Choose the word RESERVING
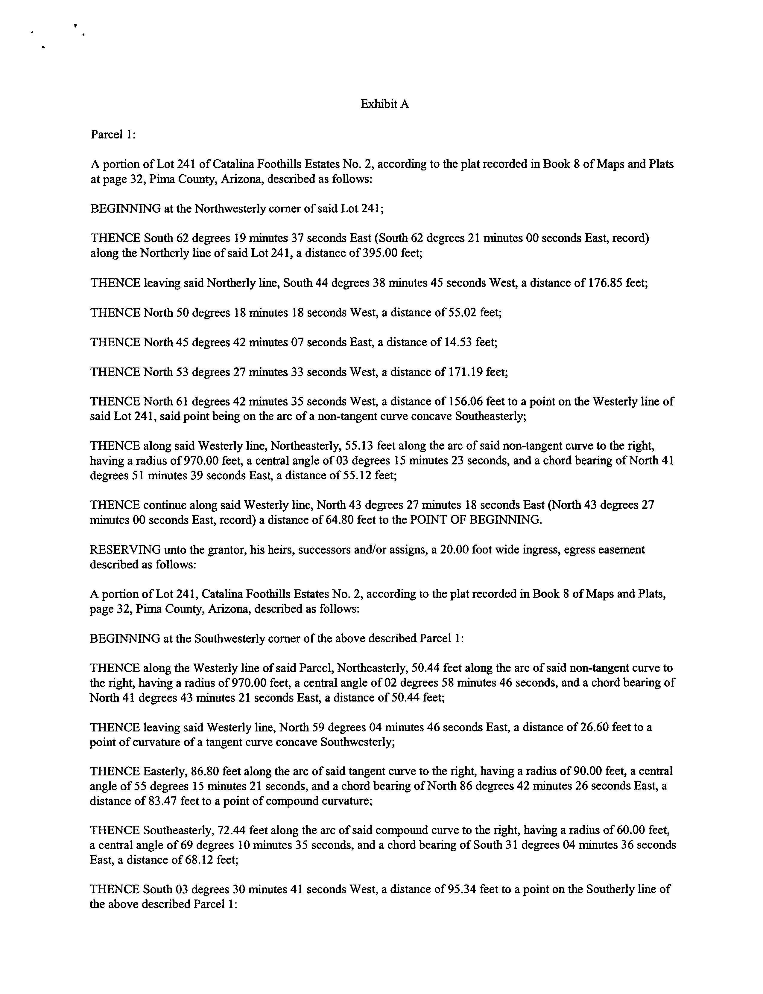(x=125, y=550)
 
